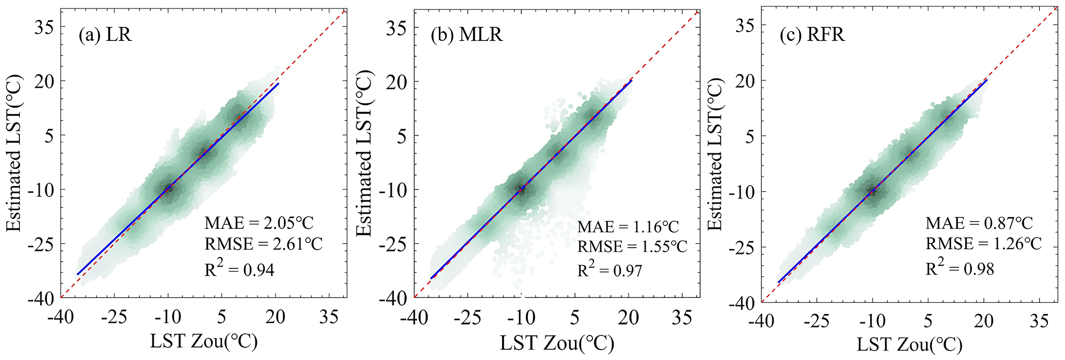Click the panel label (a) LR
pos(106,35)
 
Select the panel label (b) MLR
pos(466,35)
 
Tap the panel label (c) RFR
pos(812,35)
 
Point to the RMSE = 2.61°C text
pos(263,244)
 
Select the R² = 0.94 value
pos(239,269)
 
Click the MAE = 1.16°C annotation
pos(628,227)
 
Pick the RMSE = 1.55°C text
pos(632,247)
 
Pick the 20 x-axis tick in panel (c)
pos(984,321)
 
